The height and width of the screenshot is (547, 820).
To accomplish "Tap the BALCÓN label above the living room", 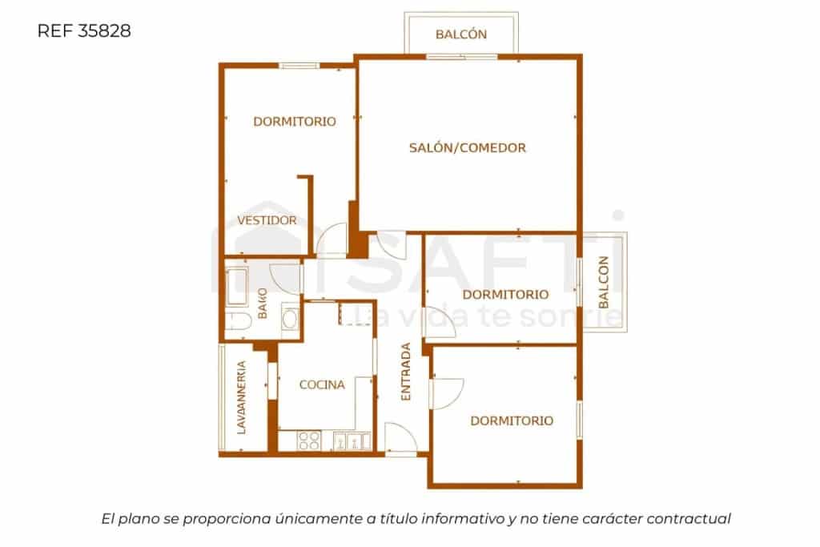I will [x=461, y=34].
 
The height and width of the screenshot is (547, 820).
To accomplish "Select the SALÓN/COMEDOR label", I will [x=467, y=147].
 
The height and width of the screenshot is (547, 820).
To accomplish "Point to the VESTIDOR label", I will [x=267, y=220].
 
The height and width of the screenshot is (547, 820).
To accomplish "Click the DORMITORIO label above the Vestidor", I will [x=294, y=122].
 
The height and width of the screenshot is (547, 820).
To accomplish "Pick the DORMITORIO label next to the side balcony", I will [x=505, y=294].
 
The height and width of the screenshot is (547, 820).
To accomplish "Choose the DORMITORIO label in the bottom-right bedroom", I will [x=512, y=420].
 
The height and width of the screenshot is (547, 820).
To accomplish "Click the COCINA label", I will [x=322, y=384].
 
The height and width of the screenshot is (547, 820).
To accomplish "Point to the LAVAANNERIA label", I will [x=240, y=398].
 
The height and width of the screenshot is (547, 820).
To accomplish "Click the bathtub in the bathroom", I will [x=238, y=288].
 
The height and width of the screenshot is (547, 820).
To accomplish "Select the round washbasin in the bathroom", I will [x=290, y=318].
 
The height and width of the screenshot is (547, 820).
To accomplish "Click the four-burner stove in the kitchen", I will [x=308, y=440].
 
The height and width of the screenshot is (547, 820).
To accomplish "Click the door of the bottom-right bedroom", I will [x=446, y=393].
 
